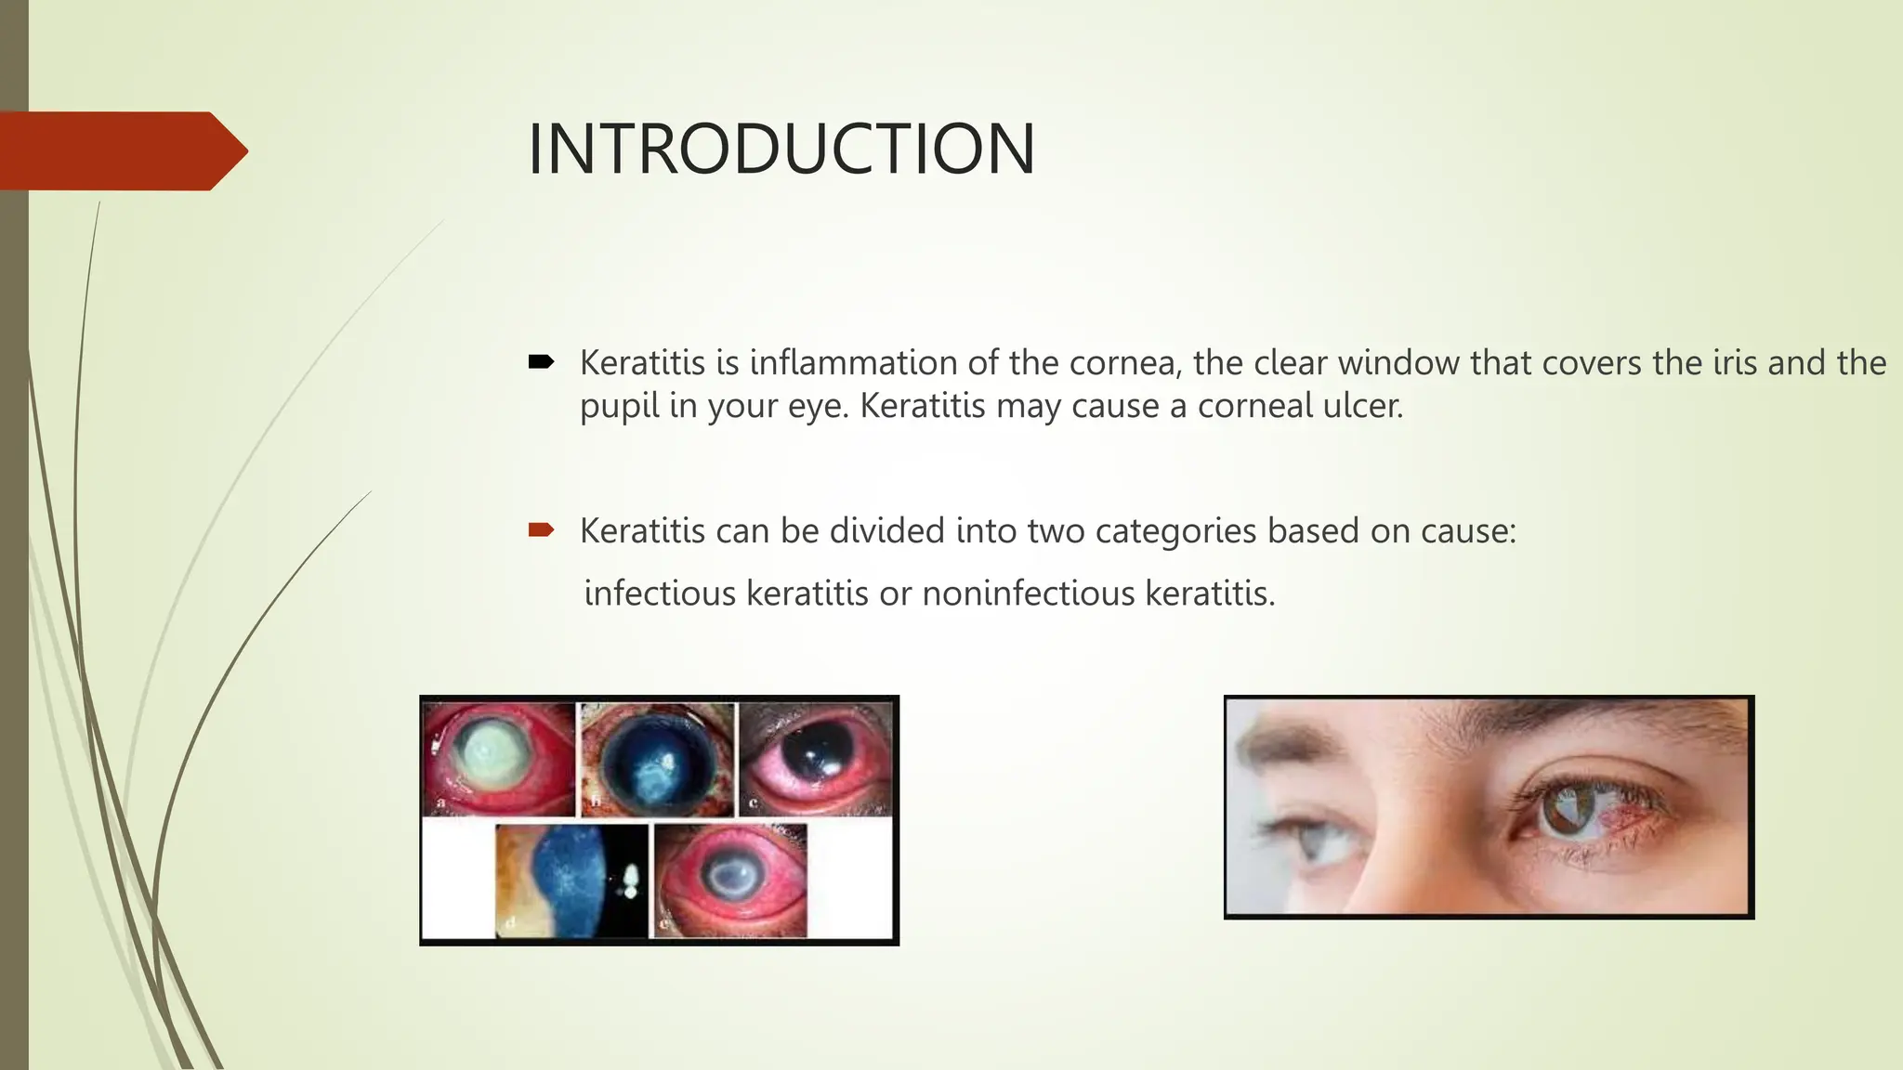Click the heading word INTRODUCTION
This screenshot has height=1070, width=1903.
[x=781, y=149]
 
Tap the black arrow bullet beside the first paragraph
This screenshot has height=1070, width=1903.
[x=540, y=361]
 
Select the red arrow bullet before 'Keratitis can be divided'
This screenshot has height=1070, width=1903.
[x=540, y=530]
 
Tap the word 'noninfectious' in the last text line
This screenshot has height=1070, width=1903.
[x=1029, y=594]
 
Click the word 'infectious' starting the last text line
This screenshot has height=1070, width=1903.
[x=660, y=594]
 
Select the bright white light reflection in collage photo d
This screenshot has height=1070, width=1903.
[x=631, y=878]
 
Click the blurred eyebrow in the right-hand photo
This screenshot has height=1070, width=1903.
[x=1282, y=743]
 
